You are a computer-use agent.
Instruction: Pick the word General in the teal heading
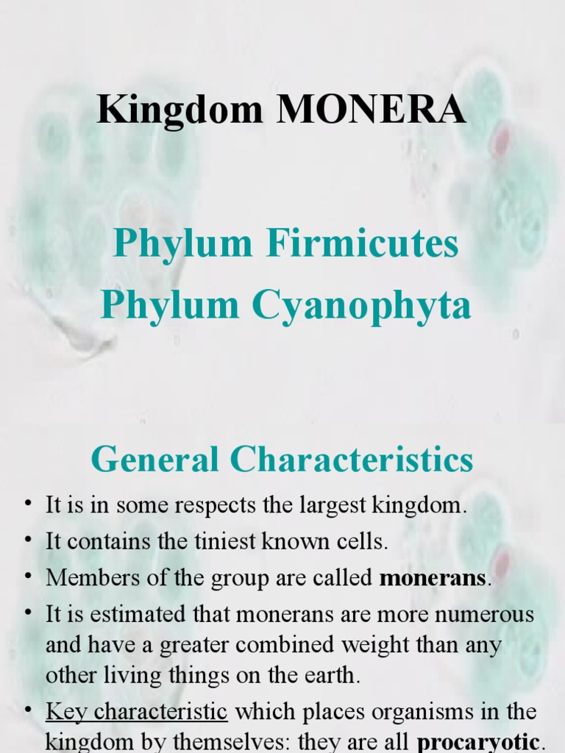[x=154, y=460]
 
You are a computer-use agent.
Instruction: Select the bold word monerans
[x=433, y=578]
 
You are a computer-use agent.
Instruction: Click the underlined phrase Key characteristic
[x=137, y=712]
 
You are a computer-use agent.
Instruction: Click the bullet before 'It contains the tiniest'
[x=29, y=540]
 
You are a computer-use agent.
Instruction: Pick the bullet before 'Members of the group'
[x=29, y=576]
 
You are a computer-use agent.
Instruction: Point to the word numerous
[x=483, y=613]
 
